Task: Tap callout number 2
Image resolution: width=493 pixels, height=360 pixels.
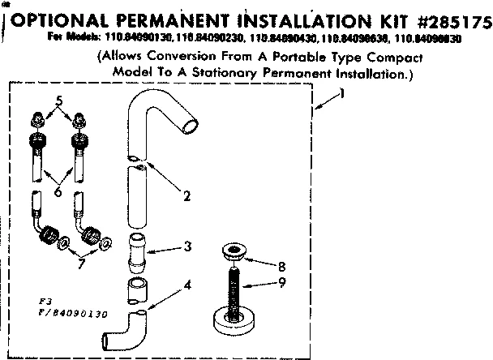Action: click(186, 195)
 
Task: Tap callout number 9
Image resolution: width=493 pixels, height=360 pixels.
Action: click(281, 284)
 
